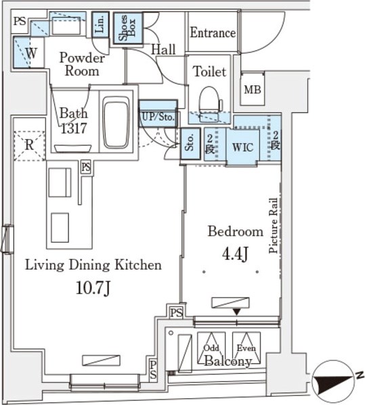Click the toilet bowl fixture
[210, 104]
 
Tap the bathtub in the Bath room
[116, 122]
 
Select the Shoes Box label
[127, 28]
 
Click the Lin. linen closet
[100, 24]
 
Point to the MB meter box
[253, 90]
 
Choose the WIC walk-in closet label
[242, 147]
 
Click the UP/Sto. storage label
[158, 117]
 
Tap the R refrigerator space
[29, 145]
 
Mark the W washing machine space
[31, 53]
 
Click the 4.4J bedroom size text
[235, 254]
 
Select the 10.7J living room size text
[93, 288]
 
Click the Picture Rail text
[273, 225]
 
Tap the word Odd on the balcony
[211, 348]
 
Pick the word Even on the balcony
[246, 348]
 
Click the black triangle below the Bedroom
[237, 312]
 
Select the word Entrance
[213, 33]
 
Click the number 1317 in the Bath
[74, 128]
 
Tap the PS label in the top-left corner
[20, 21]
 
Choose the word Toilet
[210, 72]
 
